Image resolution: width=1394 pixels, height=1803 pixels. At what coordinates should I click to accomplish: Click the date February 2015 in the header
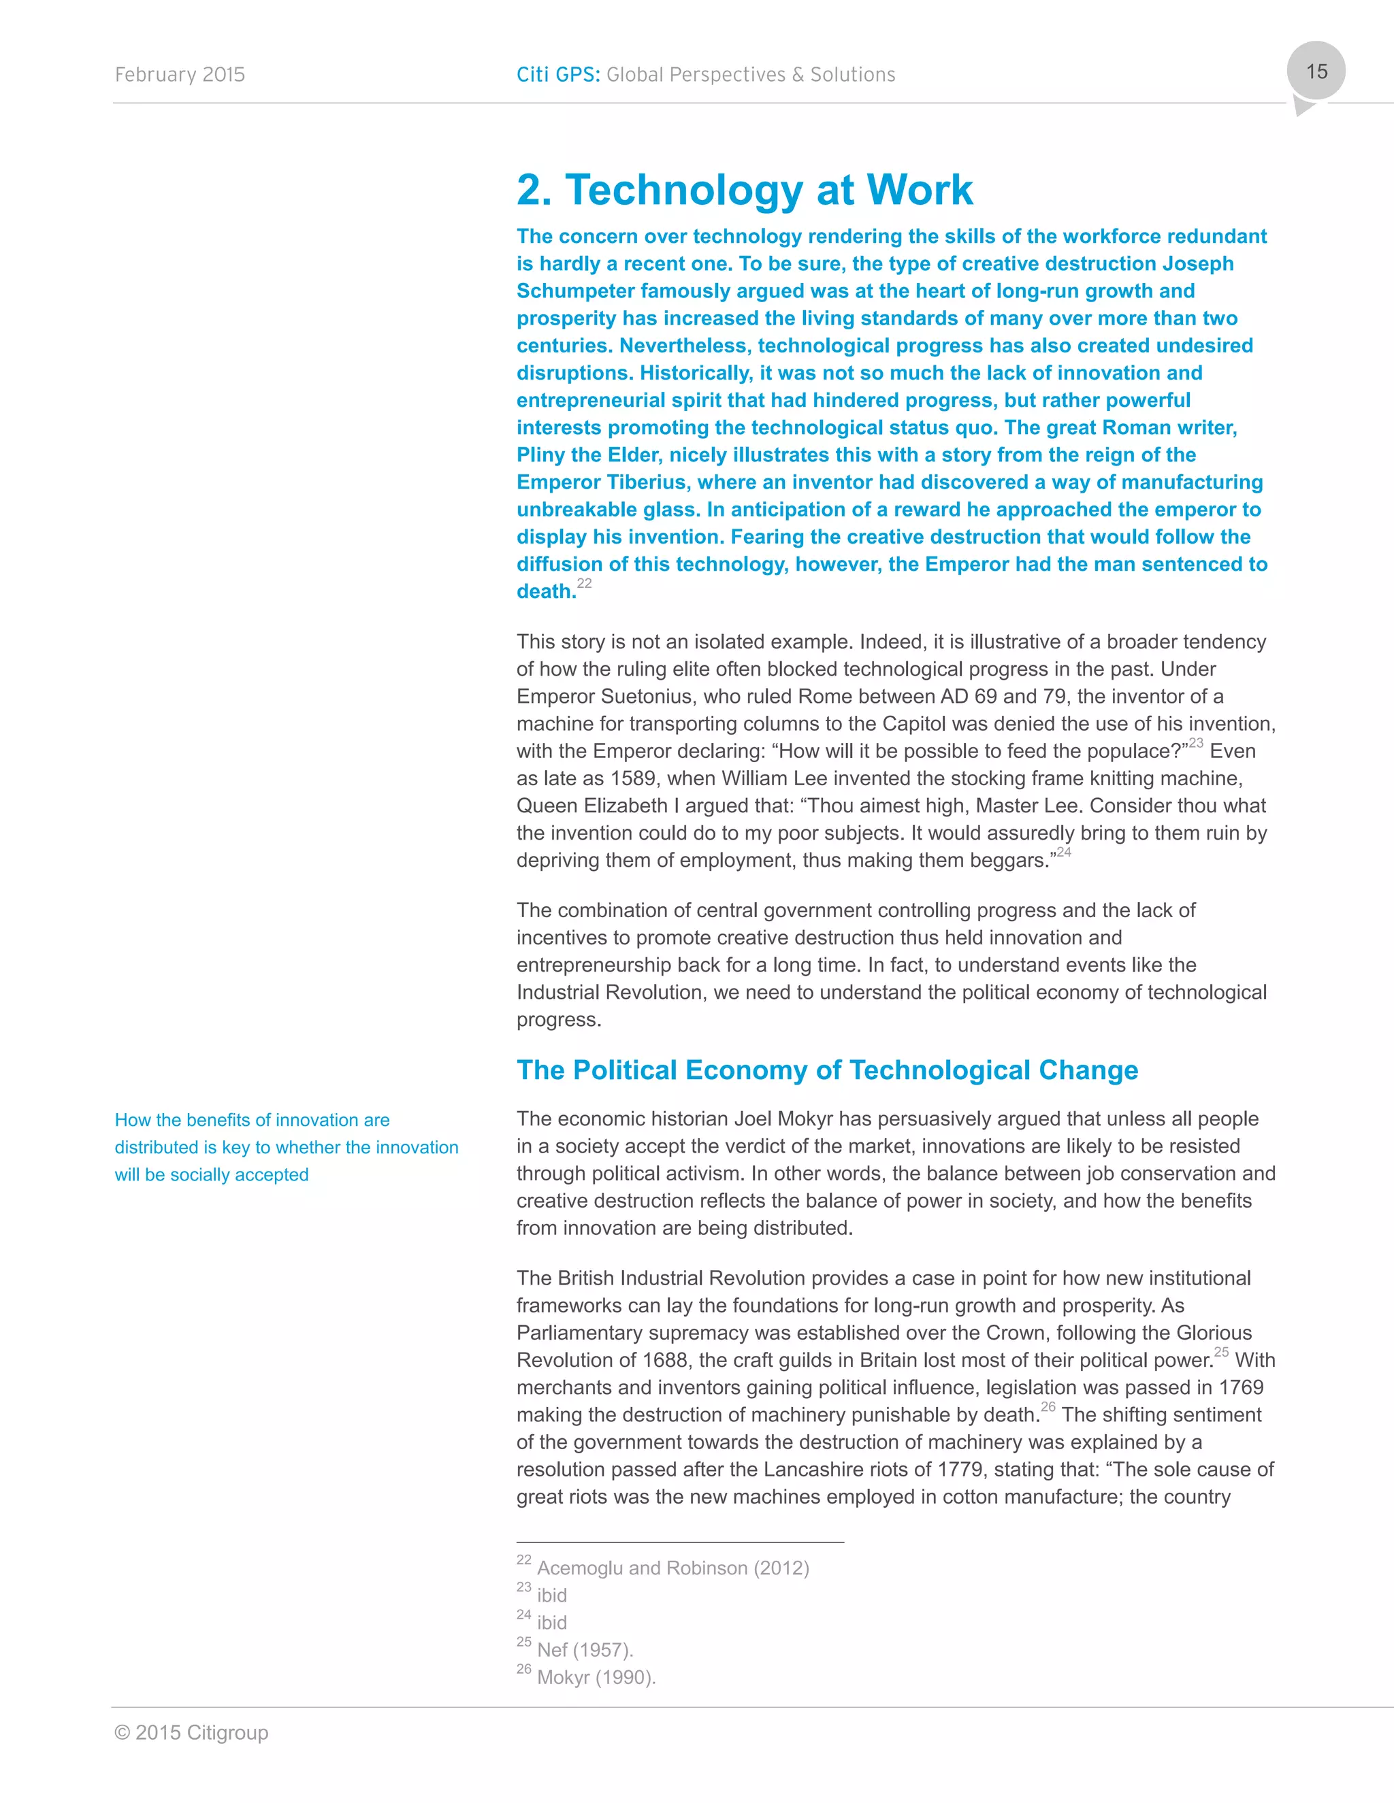point(180,75)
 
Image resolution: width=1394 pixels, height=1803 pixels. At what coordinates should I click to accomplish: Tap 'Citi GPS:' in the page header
point(558,75)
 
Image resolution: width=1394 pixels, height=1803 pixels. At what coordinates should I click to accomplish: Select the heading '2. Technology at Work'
point(744,190)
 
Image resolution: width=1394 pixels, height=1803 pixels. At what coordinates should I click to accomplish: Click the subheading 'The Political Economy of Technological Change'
point(826,1070)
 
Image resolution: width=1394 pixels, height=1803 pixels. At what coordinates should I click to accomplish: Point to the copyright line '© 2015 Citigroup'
point(191,1732)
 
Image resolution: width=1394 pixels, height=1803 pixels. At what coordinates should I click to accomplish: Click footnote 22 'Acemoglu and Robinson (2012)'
point(672,1568)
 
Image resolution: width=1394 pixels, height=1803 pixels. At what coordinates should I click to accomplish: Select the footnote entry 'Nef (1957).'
point(585,1649)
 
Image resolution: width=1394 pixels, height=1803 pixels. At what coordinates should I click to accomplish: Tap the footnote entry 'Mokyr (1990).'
point(596,1676)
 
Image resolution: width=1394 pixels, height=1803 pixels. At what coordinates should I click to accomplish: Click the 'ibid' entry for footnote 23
point(551,1595)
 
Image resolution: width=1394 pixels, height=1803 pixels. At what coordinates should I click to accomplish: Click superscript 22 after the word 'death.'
point(585,584)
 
